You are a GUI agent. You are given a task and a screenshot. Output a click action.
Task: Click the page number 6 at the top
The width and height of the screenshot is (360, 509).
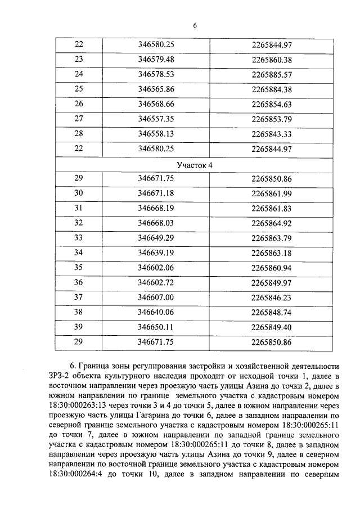point(195,26)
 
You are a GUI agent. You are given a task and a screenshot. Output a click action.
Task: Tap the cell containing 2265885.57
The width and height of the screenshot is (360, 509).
point(272,74)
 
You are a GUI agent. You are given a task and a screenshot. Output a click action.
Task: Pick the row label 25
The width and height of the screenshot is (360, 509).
point(79,89)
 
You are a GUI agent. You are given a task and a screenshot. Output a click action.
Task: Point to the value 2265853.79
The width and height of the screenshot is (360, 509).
point(272,119)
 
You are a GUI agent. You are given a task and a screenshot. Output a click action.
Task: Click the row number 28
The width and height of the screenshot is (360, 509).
point(79,134)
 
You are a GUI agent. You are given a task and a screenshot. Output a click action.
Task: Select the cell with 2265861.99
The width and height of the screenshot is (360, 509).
point(272,193)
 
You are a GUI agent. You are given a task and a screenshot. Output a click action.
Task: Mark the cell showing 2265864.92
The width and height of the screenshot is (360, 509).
point(272,223)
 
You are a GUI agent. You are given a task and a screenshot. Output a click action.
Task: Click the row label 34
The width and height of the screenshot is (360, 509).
point(79,253)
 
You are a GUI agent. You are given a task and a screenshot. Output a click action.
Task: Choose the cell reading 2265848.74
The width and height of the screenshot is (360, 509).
point(272,312)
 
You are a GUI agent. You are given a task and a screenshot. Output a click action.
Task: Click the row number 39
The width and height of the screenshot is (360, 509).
point(79,327)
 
